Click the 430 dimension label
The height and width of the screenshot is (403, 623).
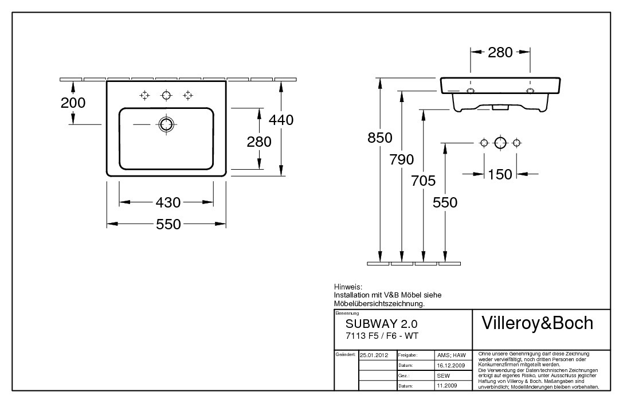click(x=168, y=203)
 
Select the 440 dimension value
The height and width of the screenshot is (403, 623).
click(x=281, y=120)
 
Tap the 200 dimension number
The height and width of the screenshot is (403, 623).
click(x=73, y=103)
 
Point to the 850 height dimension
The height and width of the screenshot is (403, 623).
click(x=380, y=138)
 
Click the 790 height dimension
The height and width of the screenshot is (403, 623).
click(x=402, y=160)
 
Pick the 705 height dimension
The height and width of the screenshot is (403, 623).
click(x=423, y=181)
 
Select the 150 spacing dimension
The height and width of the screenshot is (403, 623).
click(x=500, y=174)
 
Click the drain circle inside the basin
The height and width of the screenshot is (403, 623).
click(x=165, y=124)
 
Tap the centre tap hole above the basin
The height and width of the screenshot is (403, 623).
click(x=166, y=95)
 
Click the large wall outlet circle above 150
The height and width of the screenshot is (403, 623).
click(x=500, y=143)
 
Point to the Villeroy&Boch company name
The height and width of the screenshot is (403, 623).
click(x=537, y=323)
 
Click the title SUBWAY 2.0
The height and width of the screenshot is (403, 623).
click(x=382, y=324)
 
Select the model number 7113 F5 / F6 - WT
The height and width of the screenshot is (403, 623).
click(x=382, y=337)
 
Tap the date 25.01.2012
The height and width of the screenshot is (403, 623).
click(x=374, y=355)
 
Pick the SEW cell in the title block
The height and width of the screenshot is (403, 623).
click(x=444, y=376)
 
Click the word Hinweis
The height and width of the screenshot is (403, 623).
click(x=348, y=287)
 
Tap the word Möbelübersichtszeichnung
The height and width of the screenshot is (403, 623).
click(x=379, y=304)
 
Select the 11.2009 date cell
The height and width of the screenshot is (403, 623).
click(x=447, y=386)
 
